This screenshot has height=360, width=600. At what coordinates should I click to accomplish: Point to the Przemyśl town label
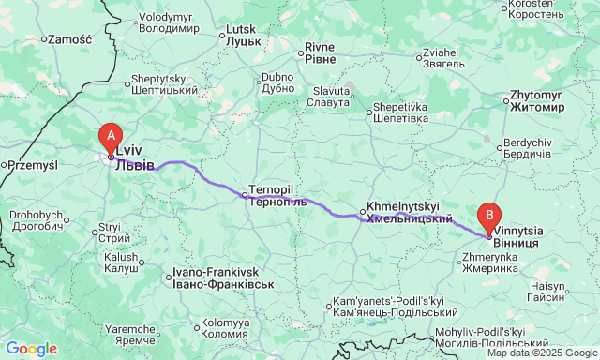(33, 165)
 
